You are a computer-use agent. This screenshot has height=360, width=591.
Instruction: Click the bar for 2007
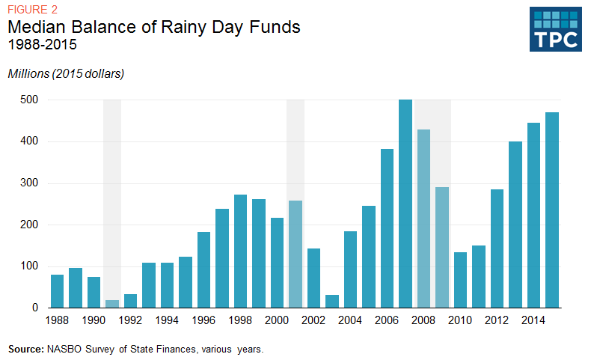pos(405,204)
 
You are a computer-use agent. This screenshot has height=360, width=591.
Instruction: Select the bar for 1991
pos(112,304)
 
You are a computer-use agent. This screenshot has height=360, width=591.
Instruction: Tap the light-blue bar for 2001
pos(295,254)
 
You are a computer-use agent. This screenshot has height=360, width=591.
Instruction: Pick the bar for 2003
pos(332,301)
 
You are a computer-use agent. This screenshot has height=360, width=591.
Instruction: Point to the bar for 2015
pos(552,210)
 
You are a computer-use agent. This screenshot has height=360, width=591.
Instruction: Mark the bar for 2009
pos(442,248)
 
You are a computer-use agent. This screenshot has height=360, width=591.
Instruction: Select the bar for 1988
pos(57,291)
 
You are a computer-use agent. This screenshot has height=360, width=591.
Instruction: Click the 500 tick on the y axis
pos(29,100)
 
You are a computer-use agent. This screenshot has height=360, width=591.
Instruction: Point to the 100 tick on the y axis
pos(29,266)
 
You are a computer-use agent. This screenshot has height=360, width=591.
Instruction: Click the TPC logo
pos(555,30)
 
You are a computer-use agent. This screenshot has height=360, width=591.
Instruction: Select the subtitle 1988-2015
pos(42,45)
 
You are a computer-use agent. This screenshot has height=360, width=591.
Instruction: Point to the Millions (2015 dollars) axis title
pos(66,73)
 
